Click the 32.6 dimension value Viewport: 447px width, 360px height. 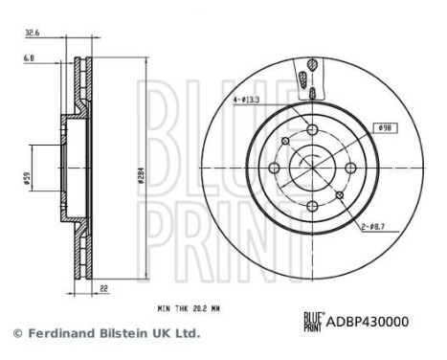pos(32,33)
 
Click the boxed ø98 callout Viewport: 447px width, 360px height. pos(386,128)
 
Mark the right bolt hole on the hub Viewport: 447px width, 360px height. pos(348,169)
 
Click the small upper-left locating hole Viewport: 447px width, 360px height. pos(286,144)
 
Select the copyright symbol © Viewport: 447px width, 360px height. pos(16,333)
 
